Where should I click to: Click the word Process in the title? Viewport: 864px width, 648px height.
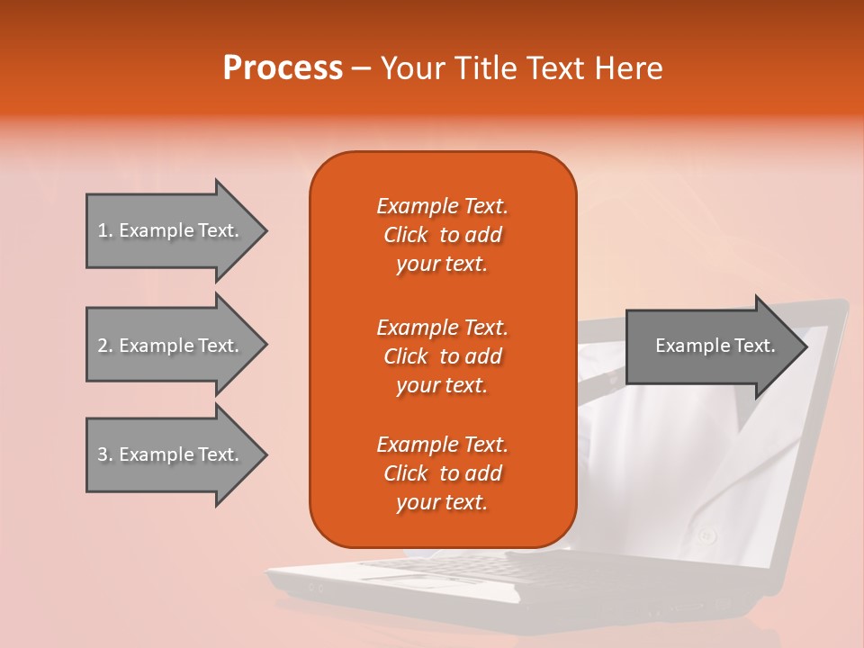point(283,68)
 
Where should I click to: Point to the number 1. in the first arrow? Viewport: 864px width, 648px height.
point(105,230)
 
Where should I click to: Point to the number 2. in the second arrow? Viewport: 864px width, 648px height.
point(105,346)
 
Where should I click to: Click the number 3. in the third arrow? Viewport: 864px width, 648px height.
point(105,454)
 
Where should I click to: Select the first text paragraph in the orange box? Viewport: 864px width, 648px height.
point(442,235)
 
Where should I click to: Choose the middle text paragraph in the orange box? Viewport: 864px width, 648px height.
point(442,356)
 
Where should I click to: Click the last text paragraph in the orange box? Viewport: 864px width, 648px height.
point(442,473)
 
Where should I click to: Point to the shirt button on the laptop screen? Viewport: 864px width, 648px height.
point(707,535)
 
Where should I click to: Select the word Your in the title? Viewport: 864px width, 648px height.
point(410,68)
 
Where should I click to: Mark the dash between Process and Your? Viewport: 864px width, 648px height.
point(361,69)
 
